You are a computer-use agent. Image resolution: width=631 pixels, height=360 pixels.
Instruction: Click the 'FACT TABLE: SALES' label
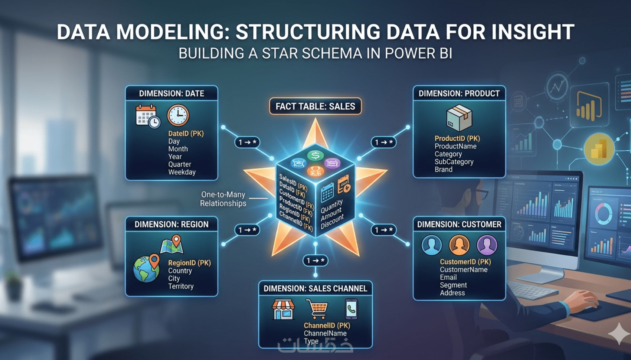point(315,107)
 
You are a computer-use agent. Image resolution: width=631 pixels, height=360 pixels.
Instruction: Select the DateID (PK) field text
point(186,134)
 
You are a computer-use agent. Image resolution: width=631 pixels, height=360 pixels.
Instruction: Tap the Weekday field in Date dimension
point(182,172)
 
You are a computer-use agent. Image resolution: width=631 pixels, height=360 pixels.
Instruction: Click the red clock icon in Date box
point(178,115)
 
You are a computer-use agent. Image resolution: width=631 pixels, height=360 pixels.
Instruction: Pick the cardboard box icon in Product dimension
point(459,118)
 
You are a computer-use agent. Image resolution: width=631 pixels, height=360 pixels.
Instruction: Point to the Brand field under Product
point(444,170)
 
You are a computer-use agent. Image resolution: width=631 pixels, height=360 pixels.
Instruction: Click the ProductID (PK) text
point(457,138)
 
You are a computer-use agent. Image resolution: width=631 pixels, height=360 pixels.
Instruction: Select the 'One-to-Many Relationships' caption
point(223,199)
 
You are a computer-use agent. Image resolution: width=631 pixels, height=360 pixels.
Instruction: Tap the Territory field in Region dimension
point(181,287)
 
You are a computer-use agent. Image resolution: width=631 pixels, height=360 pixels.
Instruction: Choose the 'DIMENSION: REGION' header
point(171,225)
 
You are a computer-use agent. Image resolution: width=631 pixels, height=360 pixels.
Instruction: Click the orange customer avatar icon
point(459,245)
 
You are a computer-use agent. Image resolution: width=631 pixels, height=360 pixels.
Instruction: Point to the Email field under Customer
point(448,278)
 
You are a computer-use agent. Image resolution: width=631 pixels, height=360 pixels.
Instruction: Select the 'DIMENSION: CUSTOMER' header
point(459,225)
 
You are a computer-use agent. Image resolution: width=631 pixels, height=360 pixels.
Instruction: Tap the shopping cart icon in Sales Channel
point(317,309)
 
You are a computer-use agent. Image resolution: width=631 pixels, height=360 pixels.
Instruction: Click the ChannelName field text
point(325,334)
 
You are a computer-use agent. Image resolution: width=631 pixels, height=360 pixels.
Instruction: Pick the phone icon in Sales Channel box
point(351,309)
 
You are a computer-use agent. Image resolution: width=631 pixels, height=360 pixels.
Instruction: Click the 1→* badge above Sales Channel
point(315,261)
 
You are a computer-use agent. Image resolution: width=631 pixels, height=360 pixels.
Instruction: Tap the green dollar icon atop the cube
point(315,156)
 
